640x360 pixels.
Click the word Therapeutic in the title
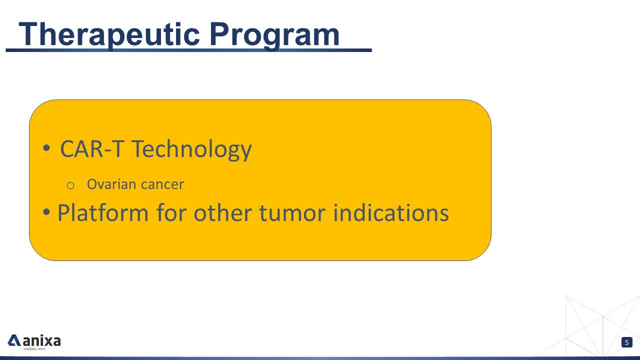(109, 35)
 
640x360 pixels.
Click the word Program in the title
(274, 35)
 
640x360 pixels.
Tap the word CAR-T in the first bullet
(92, 149)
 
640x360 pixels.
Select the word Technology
(191, 150)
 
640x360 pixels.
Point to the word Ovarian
(111, 184)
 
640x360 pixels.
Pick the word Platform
(103, 213)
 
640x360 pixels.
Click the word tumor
(292, 213)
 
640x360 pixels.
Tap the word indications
(391, 213)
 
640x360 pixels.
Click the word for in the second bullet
(171, 213)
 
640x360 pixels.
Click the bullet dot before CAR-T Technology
(46, 148)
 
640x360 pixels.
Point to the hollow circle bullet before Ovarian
(70, 185)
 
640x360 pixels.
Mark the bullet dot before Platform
(46, 212)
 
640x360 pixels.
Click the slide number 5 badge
(627, 342)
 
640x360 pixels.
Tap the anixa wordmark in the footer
(41, 340)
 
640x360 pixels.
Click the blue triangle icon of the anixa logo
(13, 340)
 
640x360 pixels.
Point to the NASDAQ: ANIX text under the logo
(34, 349)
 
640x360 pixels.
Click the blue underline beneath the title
(188, 50)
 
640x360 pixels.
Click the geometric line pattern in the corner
(600, 325)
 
